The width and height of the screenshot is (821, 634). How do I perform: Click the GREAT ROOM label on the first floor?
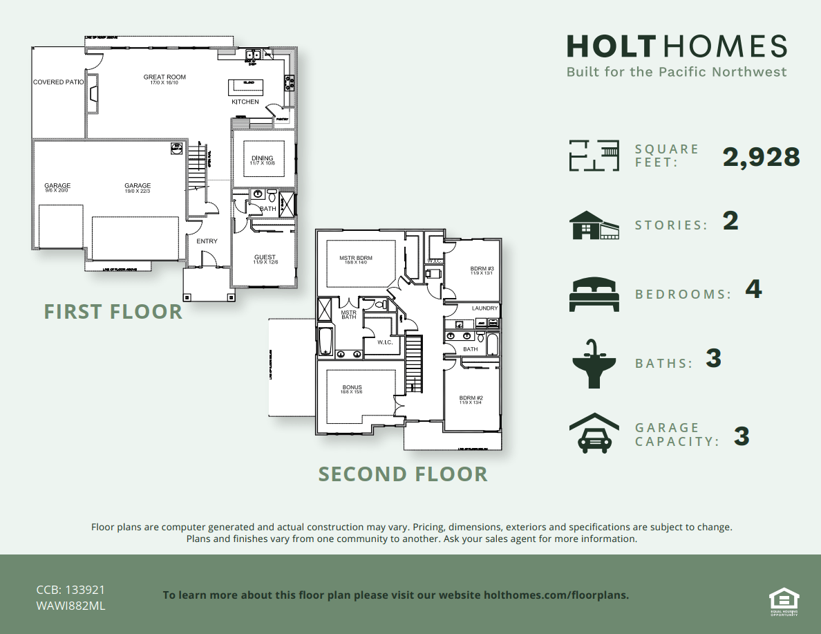(164, 77)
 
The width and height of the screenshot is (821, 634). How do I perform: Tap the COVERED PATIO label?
(58, 82)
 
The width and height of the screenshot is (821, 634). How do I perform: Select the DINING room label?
(262, 158)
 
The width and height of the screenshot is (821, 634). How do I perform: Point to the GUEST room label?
(265, 257)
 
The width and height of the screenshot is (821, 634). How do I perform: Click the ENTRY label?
(207, 241)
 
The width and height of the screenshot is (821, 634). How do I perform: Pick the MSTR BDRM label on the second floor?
(356, 259)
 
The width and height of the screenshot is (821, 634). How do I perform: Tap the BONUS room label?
(352, 388)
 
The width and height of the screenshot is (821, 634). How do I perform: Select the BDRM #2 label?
(471, 398)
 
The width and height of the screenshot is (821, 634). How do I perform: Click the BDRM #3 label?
(482, 269)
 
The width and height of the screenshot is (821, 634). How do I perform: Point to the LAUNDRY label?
(484, 308)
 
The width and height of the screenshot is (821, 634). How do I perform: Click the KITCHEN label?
(245, 102)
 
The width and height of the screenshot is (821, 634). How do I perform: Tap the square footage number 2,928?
(761, 158)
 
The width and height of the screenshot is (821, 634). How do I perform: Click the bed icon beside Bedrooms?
(592, 294)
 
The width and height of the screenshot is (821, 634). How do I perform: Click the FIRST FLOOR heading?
(113, 311)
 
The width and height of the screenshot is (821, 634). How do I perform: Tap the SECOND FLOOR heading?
(403, 474)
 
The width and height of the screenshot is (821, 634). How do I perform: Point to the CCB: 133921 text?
(70, 590)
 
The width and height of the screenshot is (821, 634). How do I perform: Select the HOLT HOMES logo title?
(677, 46)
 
